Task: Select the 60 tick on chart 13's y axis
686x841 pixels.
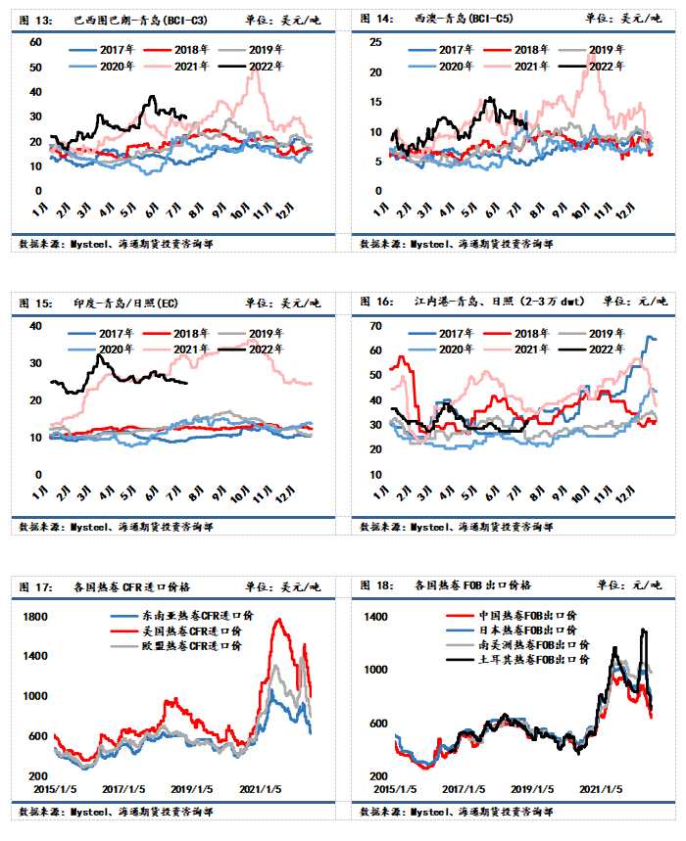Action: tap(35, 42)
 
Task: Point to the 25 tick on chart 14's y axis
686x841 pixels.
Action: tap(373, 42)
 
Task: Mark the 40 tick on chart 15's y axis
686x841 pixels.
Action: tap(35, 326)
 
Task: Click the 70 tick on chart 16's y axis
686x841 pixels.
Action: tap(374, 326)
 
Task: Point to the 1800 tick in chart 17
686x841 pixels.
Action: tap(34, 617)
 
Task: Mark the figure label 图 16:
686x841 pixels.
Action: tap(377, 303)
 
